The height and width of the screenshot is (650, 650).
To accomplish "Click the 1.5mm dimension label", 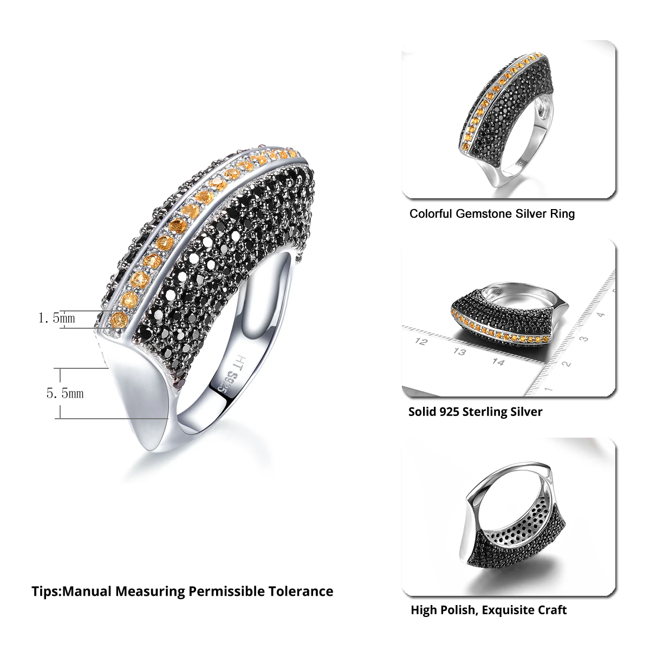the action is pos(56,318).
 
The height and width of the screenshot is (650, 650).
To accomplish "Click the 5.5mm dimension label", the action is pos(65,394).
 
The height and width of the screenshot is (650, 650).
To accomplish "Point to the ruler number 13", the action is pos(460,353).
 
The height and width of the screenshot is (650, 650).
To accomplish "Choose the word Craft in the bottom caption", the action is pos(552,610).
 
